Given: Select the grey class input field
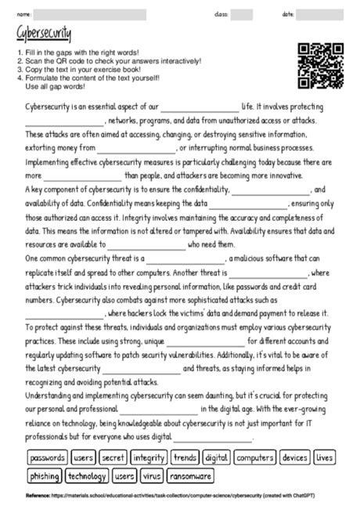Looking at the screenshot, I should [x=242, y=14].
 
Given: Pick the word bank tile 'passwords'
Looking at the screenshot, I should [x=47, y=457].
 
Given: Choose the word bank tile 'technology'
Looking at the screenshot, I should [x=87, y=475].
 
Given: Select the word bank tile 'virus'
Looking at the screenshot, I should [x=152, y=475].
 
